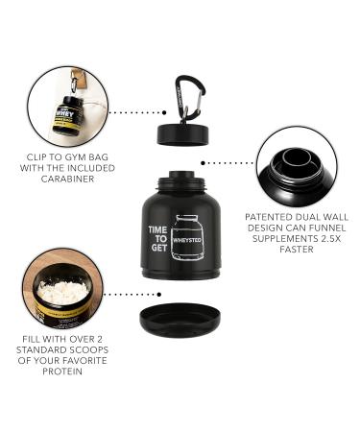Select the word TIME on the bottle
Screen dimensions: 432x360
157,230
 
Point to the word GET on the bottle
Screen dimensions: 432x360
157,259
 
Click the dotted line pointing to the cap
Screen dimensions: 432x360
134,111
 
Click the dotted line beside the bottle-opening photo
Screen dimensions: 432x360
240,164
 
